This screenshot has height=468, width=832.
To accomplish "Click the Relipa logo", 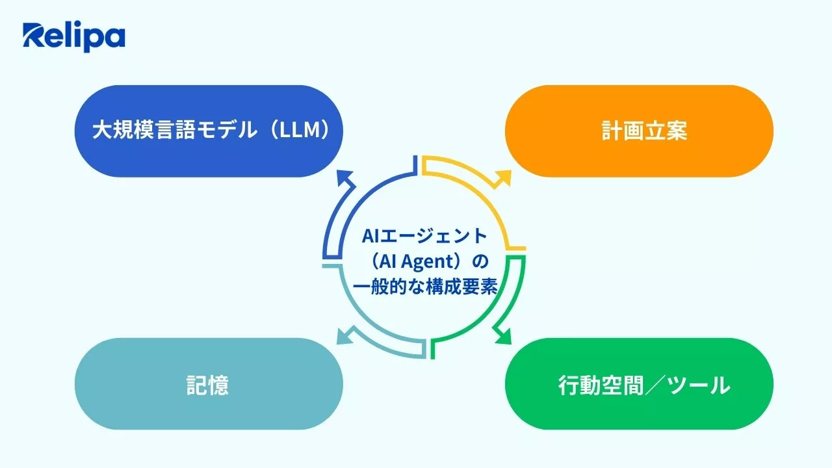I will click(x=73, y=37).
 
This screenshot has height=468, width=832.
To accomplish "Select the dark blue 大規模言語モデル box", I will click(x=209, y=131).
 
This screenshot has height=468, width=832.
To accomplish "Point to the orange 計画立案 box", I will click(x=639, y=131).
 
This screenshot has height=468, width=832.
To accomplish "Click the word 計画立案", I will click(x=644, y=131).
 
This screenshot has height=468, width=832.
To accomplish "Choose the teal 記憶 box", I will click(x=209, y=383).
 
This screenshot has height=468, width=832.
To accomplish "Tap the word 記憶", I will click(x=209, y=385).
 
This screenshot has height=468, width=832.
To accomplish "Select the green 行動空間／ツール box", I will click(x=639, y=383).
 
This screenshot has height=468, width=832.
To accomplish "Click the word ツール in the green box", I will click(x=699, y=385).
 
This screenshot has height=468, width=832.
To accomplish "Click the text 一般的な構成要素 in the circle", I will click(x=424, y=287).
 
